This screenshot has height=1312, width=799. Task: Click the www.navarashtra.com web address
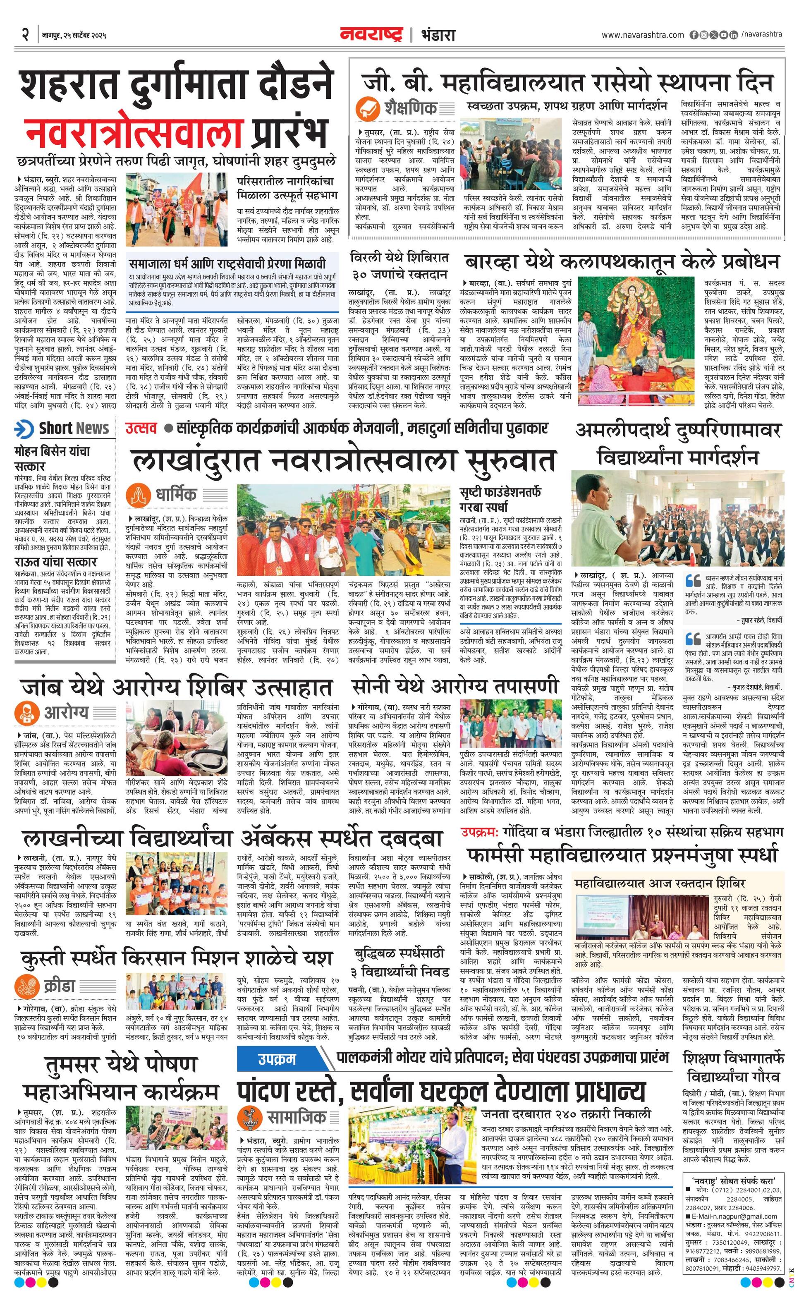(643, 35)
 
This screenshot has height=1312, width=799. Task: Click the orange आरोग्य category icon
(26, 712)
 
